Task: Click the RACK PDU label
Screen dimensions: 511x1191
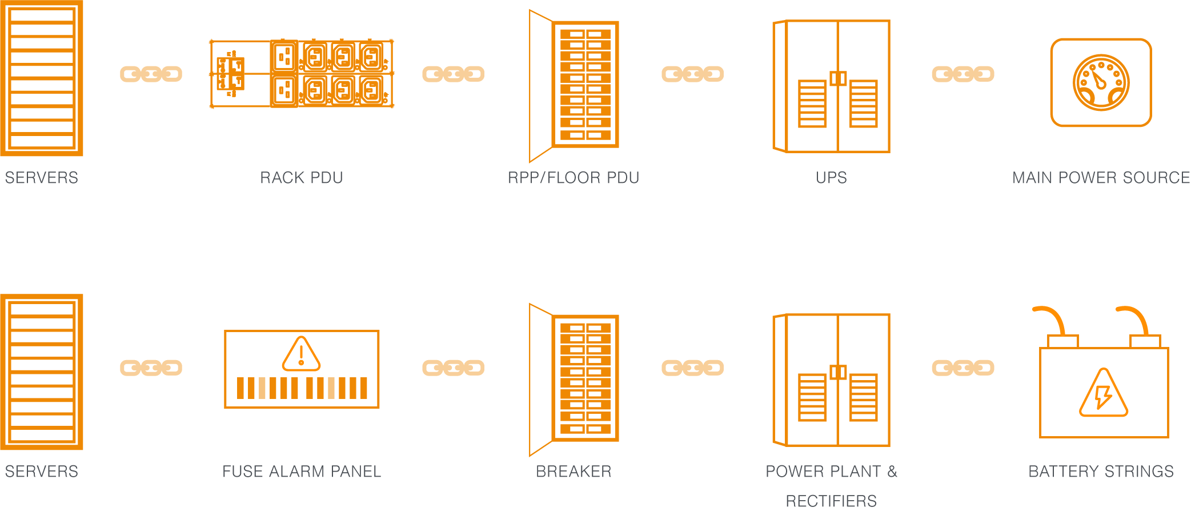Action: click(301, 178)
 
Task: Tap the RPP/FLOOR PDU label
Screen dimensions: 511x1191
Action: click(574, 178)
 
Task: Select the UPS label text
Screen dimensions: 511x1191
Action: click(831, 178)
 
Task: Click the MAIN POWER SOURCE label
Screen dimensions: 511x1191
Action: click(1101, 178)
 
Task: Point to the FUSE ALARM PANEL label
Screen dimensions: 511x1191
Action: click(302, 472)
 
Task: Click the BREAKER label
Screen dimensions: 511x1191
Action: click(574, 472)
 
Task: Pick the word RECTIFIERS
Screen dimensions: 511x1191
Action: click(831, 501)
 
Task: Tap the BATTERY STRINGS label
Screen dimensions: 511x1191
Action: click(1101, 472)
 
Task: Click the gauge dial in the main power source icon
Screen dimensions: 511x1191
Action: click(1101, 82)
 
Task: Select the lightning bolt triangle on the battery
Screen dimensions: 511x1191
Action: click(1103, 395)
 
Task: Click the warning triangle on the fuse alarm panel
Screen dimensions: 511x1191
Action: click(301, 354)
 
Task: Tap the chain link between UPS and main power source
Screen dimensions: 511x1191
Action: click(963, 74)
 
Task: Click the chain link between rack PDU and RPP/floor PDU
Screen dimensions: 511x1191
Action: click(453, 74)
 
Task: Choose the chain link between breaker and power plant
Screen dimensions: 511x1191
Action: click(692, 368)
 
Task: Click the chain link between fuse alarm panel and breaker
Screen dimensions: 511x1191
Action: click(453, 368)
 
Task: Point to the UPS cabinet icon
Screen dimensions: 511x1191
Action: click(831, 86)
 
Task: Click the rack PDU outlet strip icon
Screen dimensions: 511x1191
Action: click(302, 73)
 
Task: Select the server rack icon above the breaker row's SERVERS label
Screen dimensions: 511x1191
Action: click(42, 372)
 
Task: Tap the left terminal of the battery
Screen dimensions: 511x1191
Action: click(1062, 341)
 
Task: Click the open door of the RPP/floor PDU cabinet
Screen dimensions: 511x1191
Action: click(540, 86)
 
